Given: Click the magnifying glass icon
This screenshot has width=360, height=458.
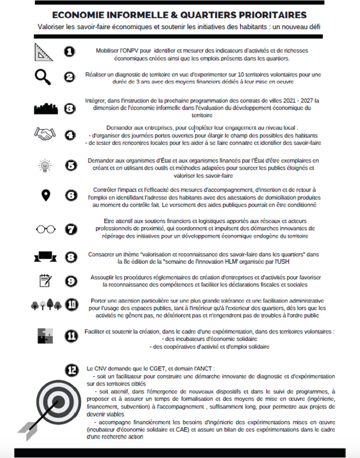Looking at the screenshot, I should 43,78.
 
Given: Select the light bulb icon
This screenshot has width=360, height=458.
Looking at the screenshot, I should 45,165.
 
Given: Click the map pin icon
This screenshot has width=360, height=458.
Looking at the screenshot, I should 46,195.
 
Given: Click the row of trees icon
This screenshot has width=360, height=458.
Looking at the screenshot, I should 45,305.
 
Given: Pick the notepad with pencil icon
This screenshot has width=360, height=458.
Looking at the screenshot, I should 45,281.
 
